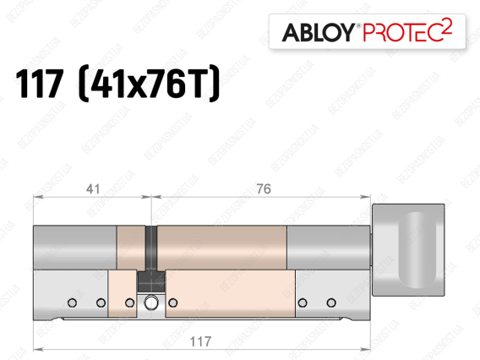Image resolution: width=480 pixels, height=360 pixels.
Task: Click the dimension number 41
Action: click(x=93, y=189)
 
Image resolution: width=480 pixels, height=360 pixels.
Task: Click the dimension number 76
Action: click(x=264, y=189)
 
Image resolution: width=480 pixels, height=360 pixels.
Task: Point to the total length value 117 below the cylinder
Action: click(x=200, y=341)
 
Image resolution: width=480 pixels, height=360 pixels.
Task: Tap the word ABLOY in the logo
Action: click(x=319, y=32)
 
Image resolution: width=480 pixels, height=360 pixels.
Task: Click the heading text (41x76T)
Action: click(x=149, y=83)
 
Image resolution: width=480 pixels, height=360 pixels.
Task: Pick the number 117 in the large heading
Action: click(x=40, y=84)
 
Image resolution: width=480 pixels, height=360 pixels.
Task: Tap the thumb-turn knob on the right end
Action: click(x=408, y=249)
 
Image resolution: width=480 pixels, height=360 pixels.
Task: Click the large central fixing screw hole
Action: click(x=151, y=303)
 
